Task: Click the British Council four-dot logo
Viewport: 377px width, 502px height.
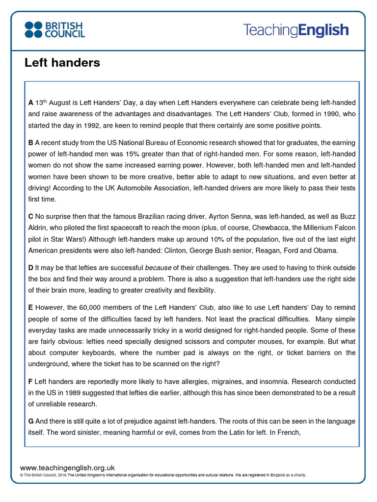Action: pos(34,29)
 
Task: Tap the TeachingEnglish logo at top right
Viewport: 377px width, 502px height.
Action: pos(296,30)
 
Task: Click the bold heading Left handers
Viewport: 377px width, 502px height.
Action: pos(62,63)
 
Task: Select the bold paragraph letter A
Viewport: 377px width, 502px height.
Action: pos(30,102)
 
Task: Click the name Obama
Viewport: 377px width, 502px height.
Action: pos(325,251)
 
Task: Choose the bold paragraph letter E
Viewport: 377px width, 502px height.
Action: pos(30,308)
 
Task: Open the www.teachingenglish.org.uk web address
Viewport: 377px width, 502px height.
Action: pos(67,468)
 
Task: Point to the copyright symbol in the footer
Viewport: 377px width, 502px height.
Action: pos(22,475)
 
